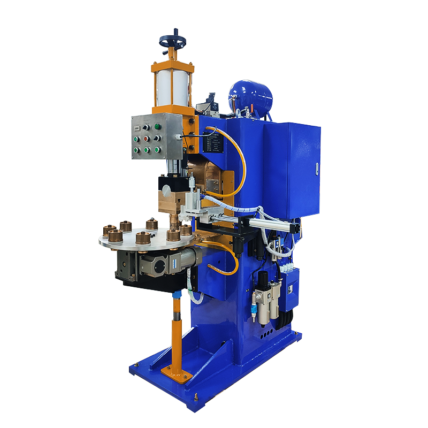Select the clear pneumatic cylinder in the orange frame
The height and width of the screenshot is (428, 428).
point(172,88)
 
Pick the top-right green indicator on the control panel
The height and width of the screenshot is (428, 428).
point(158,127)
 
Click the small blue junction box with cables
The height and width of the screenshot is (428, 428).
point(290,288)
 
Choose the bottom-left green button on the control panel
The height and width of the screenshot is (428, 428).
point(136,150)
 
